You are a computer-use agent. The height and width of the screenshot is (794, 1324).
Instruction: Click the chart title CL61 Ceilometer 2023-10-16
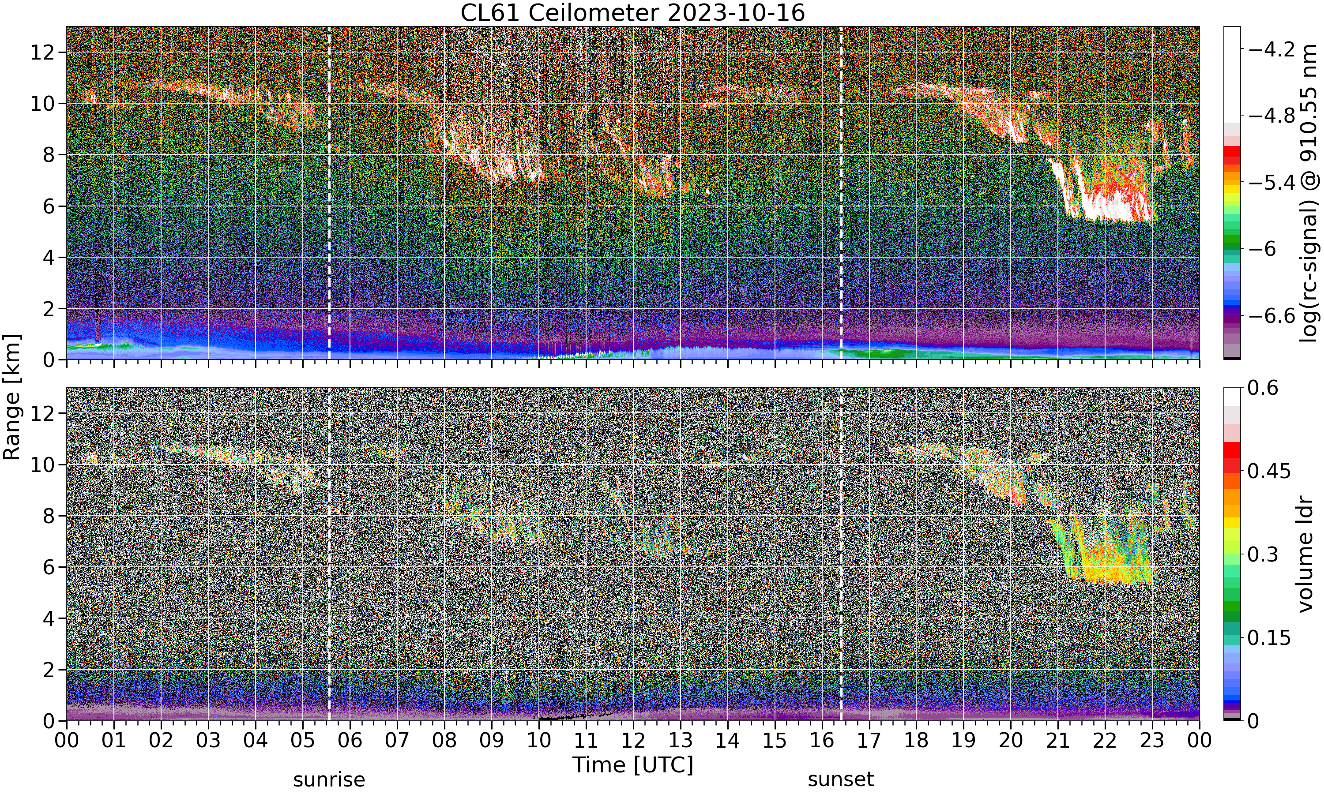pyautogui.click(x=632, y=13)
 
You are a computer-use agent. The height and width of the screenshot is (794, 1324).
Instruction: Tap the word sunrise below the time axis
pyautogui.click(x=329, y=779)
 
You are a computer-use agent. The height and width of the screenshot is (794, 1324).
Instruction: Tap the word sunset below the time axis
pyautogui.click(x=841, y=779)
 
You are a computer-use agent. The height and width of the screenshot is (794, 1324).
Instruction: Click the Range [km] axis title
pyautogui.click(x=12, y=397)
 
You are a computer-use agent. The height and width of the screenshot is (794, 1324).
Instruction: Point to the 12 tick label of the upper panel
pyautogui.click(x=42, y=52)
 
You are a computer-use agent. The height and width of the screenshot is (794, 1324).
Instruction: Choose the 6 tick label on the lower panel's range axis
pyautogui.click(x=49, y=567)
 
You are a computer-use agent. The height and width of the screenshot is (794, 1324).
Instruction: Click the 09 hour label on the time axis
pyautogui.click(x=491, y=741)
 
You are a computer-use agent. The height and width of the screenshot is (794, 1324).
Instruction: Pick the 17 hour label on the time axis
pyautogui.click(x=869, y=741)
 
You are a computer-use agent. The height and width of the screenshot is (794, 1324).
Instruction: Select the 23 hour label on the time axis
pyautogui.click(x=1152, y=741)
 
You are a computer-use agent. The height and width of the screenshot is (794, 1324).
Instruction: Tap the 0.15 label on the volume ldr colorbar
pyautogui.click(x=1269, y=638)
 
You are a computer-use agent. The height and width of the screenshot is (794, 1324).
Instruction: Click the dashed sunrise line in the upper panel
pyautogui.click(x=329, y=193)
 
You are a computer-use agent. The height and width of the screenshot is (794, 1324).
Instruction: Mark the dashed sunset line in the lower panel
pyautogui.click(x=841, y=554)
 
